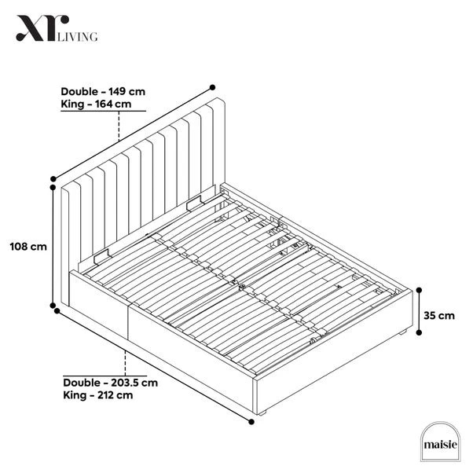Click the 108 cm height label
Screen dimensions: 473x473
pyautogui.click(x=25, y=246)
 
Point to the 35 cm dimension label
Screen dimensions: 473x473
pyautogui.click(x=438, y=316)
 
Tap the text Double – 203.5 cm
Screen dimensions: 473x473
pyautogui.click(x=111, y=383)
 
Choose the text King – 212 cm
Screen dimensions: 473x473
pyautogui.click(x=97, y=395)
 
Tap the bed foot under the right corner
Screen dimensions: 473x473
pyautogui.click(x=402, y=335)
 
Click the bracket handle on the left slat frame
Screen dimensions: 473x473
pyautogui.click(x=101, y=255)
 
